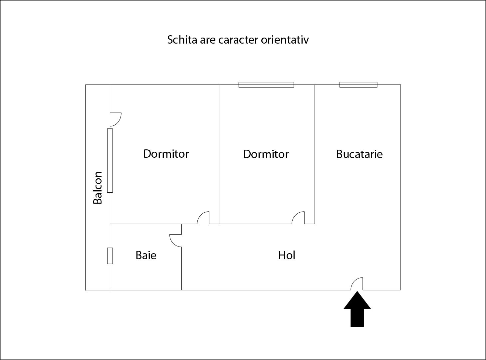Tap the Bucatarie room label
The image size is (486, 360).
click(359, 154)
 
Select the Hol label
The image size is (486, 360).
click(287, 256)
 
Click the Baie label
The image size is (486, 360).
click(146, 256)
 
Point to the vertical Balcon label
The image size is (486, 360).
click(98, 188)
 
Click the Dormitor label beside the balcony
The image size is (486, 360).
click(166, 154)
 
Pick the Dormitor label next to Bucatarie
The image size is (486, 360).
click(266, 154)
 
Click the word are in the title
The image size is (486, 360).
click(208, 40)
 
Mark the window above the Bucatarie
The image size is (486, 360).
click(358, 85)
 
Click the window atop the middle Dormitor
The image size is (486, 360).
click(266, 85)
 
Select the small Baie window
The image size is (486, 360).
click(110, 256)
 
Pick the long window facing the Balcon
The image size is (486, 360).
click(110, 160)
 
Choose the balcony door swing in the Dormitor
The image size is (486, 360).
click(115, 119)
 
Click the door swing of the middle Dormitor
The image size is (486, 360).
click(298, 218)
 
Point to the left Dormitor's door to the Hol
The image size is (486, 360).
click(203, 218)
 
